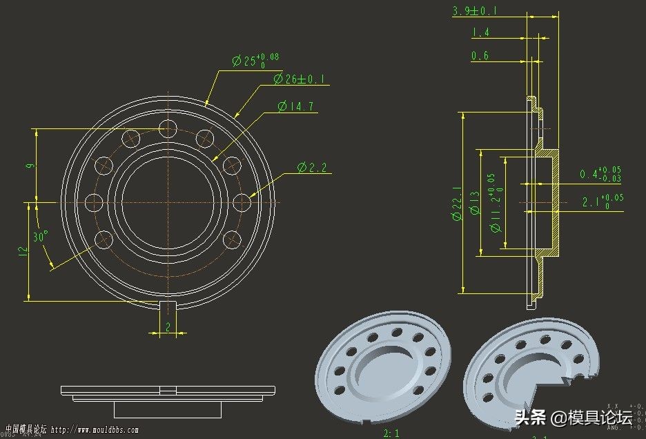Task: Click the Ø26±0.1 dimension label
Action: [299, 79]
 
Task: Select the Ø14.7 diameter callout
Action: [295, 106]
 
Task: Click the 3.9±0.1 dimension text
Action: [475, 10]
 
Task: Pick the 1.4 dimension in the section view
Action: [480, 32]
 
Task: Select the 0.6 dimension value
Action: [480, 56]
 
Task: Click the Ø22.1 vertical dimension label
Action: [457, 204]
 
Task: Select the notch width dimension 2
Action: [168, 328]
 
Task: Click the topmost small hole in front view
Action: [168, 128]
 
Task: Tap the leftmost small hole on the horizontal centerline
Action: [94, 202]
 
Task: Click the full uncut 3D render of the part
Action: [383, 373]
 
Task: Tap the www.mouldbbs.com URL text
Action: [95, 430]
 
